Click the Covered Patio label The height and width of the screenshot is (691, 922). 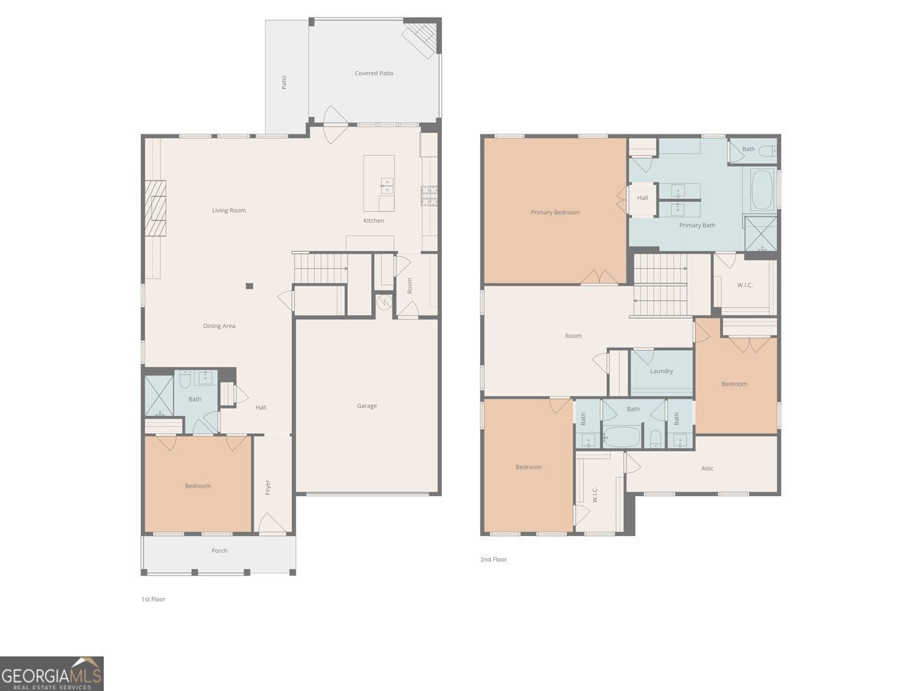[x=374, y=74]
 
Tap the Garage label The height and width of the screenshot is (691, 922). [x=366, y=405]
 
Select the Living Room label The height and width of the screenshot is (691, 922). [x=229, y=210]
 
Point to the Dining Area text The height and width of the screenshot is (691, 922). [x=219, y=326]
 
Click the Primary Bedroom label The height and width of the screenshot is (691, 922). [x=555, y=213]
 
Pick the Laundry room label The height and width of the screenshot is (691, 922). [x=662, y=372]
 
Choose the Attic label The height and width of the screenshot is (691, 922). [x=707, y=468]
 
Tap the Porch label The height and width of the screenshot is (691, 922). [x=219, y=550]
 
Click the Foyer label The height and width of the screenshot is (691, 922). [x=268, y=487]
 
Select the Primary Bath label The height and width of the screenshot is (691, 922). [x=697, y=225]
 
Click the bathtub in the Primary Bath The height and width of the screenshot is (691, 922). [x=762, y=190]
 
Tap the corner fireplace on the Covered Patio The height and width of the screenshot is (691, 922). [x=420, y=38]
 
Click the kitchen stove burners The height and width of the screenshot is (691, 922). [x=429, y=196]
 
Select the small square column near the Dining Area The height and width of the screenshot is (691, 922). [x=249, y=286]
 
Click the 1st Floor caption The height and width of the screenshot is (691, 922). [x=154, y=599]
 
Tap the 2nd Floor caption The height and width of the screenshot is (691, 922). [x=493, y=559]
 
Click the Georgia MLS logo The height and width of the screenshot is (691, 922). [x=51, y=673]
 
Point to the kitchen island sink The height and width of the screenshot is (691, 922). [x=386, y=186]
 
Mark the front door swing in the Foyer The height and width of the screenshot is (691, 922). [x=272, y=524]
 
